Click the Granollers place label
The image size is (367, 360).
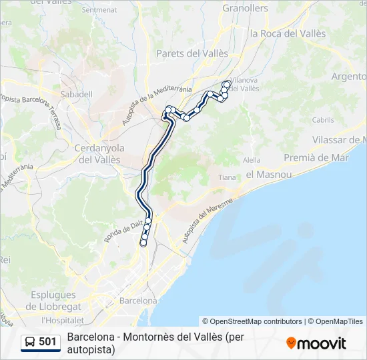(245, 9)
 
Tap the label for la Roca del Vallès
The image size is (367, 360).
(288, 33)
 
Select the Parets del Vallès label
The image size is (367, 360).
(192, 53)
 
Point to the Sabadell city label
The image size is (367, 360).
(76, 94)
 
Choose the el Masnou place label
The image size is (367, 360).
(269, 174)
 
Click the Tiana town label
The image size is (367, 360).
(228, 177)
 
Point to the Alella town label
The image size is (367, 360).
(252, 160)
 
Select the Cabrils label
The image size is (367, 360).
(322, 120)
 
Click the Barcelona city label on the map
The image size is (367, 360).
(138, 301)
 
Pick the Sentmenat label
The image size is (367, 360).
(99, 10)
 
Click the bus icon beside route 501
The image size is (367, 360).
(30, 343)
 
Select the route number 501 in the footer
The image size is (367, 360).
(47, 343)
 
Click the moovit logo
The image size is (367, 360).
(316, 343)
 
